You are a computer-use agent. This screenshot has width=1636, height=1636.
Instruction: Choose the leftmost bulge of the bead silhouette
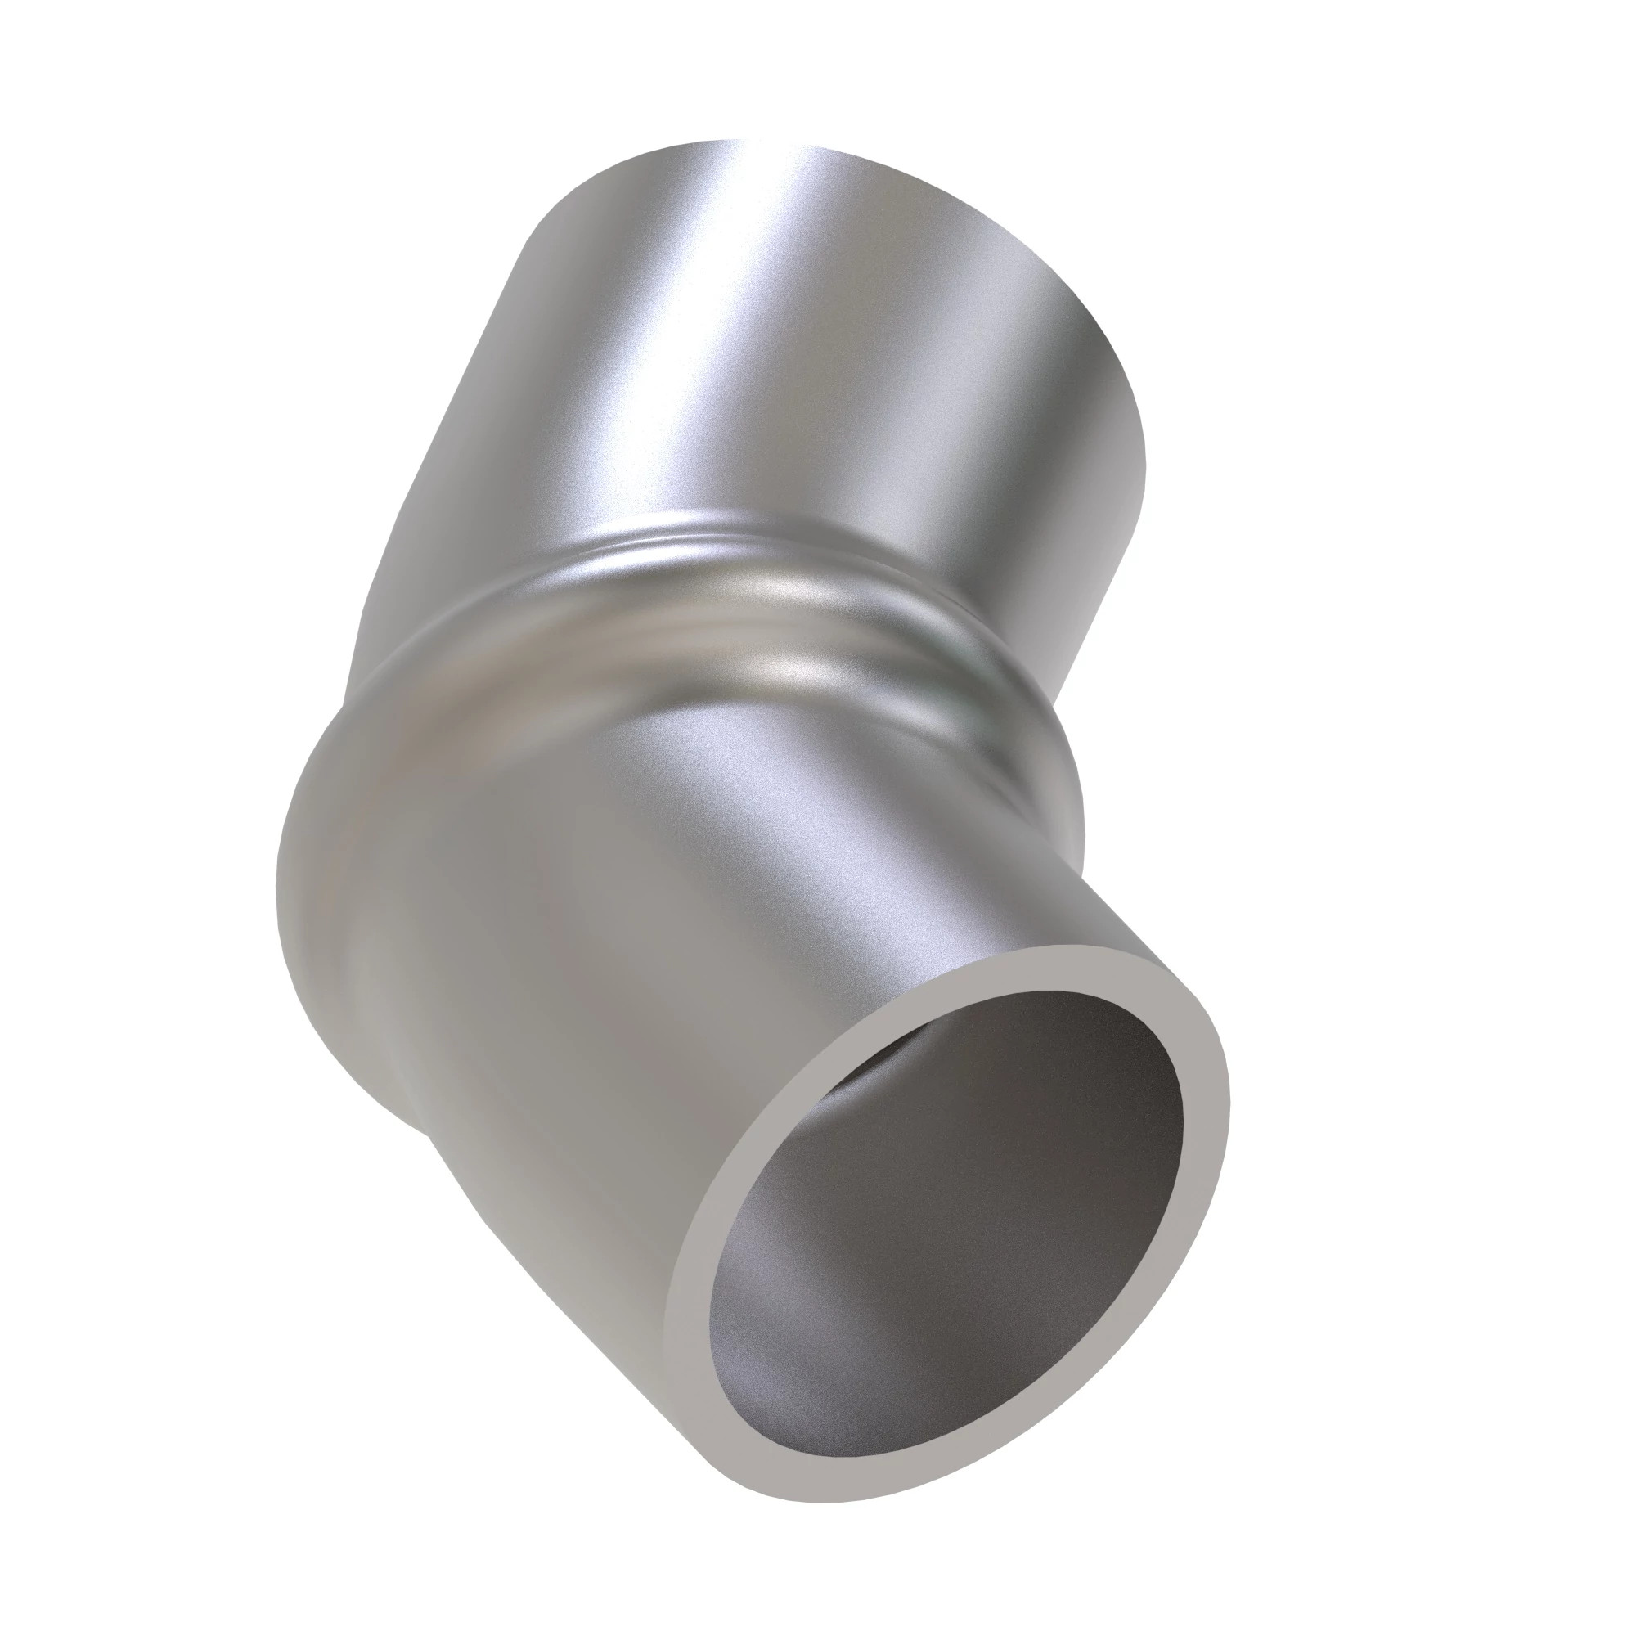point(280,889)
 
